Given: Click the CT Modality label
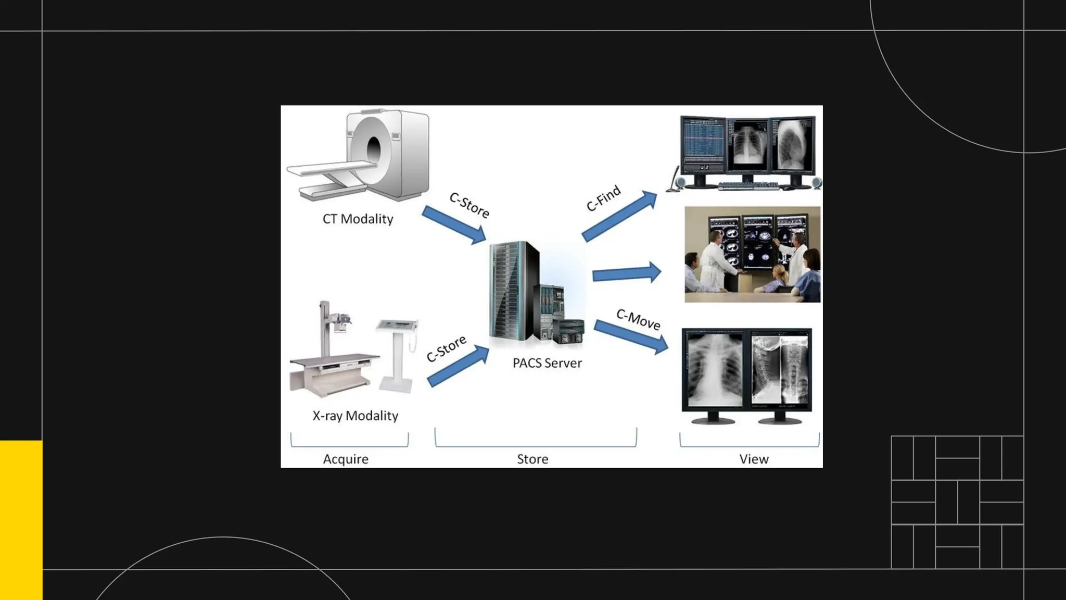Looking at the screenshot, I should (x=358, y=219).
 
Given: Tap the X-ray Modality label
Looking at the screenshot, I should (x=355, y=416).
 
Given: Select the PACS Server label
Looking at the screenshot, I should (x=547, y=363).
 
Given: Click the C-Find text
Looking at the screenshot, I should (x=603, y=198).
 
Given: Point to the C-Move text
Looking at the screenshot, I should (x=638, y=319).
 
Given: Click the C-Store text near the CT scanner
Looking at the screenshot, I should (x=469, y=205).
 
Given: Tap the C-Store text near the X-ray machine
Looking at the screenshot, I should (x=446, y=348).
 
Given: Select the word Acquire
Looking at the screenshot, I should (x=346, y=459).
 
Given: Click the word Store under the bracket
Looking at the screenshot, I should (x=532, y=459).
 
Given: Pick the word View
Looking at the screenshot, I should (x=754, y=459).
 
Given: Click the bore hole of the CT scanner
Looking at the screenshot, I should (x=374, y=150).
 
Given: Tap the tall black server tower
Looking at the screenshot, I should (x=513, y=292).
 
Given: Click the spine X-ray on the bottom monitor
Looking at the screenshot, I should (x=780, y=371).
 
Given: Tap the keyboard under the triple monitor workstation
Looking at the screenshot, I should (x=748, y=185).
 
